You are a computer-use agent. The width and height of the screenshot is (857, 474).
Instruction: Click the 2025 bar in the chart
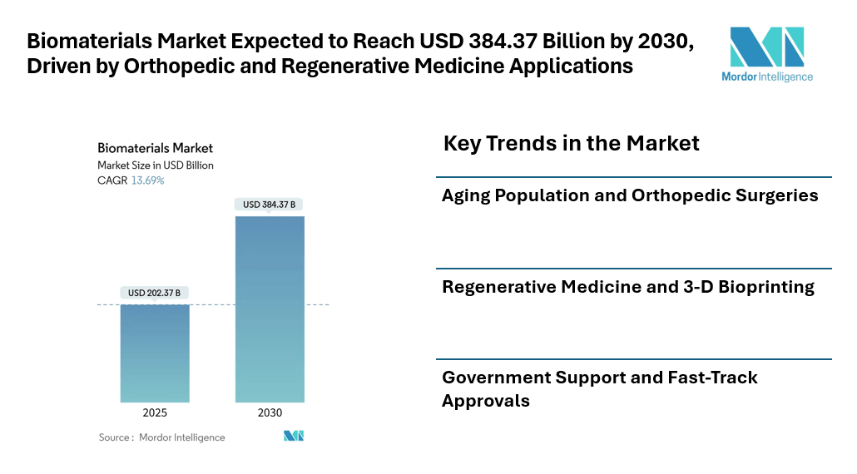coord(155,353)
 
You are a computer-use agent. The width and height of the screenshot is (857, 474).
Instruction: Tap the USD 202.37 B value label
coord(154,293)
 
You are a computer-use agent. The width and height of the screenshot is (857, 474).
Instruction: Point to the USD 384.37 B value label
coord(270,204)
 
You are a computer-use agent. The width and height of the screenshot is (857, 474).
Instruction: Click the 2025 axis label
coord(155,413)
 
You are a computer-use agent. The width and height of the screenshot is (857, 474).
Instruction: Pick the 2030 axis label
coord(270,413)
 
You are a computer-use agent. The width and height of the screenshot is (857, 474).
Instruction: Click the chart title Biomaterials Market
coord(155,148)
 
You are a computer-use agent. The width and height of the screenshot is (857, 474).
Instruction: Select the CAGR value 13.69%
coord(147,180)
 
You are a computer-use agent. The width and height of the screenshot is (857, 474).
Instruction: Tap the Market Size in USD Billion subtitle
coord(155,165)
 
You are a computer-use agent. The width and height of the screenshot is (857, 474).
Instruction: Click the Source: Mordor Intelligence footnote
coord(161,437)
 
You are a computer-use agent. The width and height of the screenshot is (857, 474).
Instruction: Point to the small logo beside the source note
coord(294,436)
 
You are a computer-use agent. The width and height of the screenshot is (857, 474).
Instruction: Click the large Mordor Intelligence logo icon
coord(767,47)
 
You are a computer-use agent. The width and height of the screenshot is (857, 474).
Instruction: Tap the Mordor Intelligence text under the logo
coord(767,77)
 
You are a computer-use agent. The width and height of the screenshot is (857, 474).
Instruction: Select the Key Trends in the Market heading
coord(571,144)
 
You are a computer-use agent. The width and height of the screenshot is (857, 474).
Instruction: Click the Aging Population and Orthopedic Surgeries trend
coord(630,196)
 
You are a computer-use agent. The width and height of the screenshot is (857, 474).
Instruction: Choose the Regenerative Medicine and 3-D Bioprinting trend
coord(627,288)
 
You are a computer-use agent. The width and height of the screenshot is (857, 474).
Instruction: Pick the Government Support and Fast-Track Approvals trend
coord(599,389)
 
